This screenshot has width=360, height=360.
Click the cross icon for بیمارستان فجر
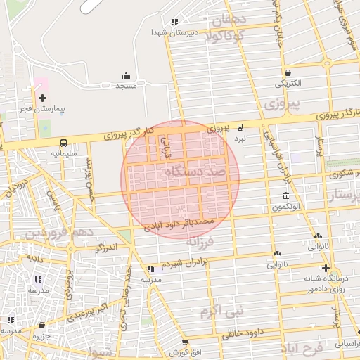click(x=42, y=98)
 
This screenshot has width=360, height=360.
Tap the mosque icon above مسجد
click(x=126, y=75)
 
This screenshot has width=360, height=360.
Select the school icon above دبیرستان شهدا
click(x=174, y=22)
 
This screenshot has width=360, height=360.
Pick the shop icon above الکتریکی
click(x=288, y=72)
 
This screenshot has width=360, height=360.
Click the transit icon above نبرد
click(x=240, y=127)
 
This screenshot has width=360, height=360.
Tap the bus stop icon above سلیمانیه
click(x=65, y=141)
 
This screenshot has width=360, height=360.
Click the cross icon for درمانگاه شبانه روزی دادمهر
click(x=326, y=268)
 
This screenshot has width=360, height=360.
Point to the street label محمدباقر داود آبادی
click(x=179, y=224)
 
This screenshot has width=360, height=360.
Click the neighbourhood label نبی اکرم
click(x=220, y=310)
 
